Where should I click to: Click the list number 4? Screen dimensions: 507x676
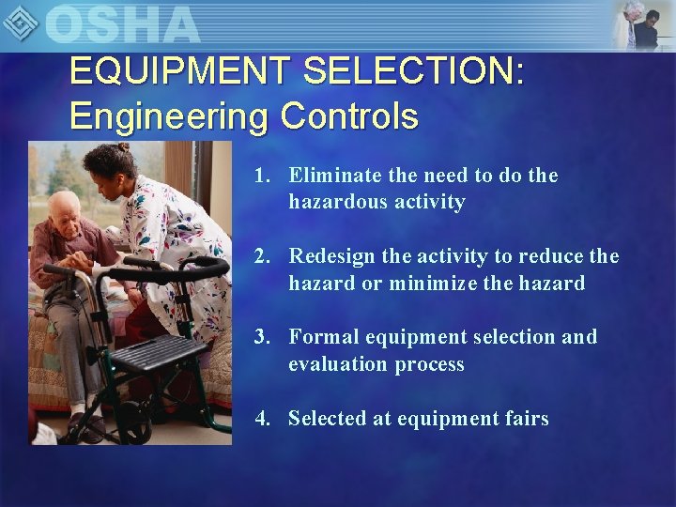click(x=262, y=419)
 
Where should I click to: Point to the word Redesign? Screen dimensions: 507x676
click(x=333, y=256)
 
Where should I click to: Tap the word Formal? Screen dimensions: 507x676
click(x=319, y=337)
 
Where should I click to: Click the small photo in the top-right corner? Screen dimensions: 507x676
click(x=642, y=24)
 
